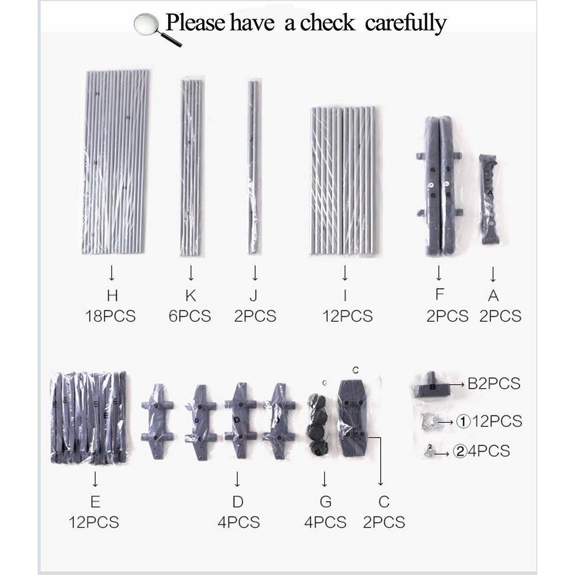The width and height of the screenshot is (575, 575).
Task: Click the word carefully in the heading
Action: (x=405, y=23)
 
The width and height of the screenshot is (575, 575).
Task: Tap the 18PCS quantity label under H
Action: (x=111, y=316)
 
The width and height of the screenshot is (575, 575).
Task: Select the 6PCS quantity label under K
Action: (x=190, y=316)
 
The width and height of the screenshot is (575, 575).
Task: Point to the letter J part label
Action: (x=253, y=295)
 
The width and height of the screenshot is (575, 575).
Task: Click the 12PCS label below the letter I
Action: (x=347, y=316)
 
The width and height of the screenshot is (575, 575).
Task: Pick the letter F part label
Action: (x=439, y=294)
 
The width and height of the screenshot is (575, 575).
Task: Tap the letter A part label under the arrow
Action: (x=493, y=295)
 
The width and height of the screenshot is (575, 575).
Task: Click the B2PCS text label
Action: (x=494, y=384)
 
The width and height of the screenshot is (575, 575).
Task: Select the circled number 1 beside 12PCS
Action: (x=463, y=422)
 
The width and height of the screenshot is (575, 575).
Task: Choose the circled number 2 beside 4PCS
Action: (x=460, y=451)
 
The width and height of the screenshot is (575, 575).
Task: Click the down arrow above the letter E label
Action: (x=95, y=479)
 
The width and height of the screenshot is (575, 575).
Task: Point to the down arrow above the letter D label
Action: (x=237, y=479)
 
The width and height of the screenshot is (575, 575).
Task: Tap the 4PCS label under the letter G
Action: (x=325, y=522)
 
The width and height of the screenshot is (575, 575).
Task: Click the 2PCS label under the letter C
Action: (x=384, y=522)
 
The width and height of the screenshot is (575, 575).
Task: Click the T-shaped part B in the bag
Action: (x=432, y=385)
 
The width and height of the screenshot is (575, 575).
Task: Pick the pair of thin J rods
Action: (x=253, y=167)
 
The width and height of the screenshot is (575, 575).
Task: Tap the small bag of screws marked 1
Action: (x=431, y=420)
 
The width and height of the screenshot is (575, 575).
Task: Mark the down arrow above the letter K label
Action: (x=191, y=273)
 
